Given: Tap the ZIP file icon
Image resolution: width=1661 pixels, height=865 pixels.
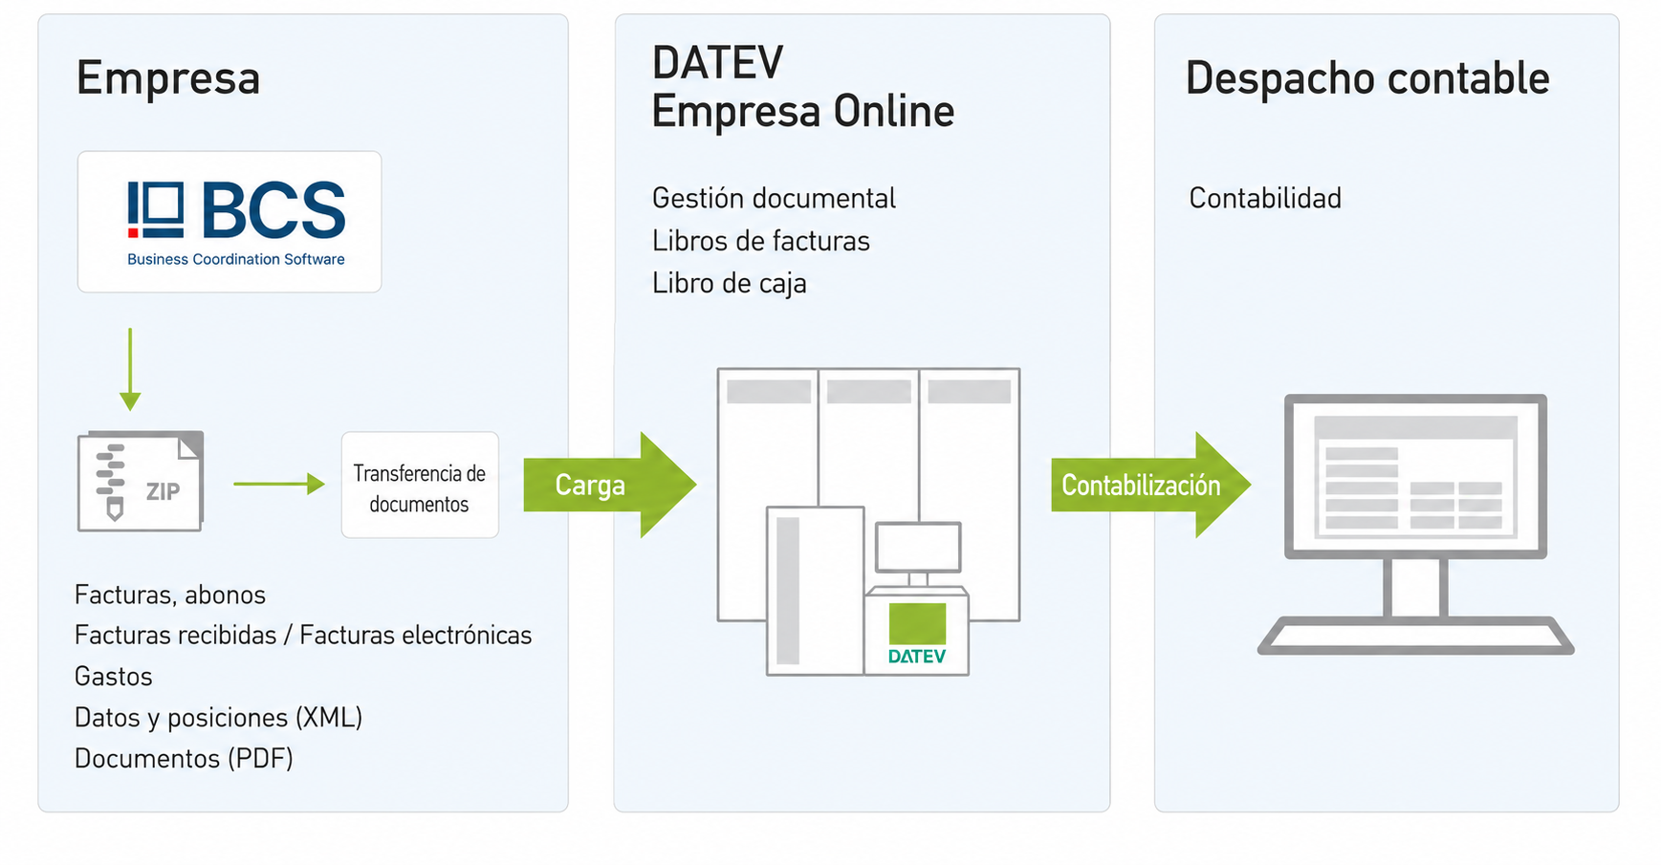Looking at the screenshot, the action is point(141,481).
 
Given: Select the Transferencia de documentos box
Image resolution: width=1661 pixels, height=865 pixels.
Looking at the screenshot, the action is point(420,485).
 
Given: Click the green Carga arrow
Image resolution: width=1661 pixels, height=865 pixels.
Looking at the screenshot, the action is point(610,485).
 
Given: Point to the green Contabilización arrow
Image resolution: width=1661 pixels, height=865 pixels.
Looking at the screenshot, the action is point(1150,485).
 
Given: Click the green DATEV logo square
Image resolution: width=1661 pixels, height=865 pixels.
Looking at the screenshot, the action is point(917,623).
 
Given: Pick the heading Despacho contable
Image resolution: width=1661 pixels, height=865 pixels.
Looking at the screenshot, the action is point(1367,78).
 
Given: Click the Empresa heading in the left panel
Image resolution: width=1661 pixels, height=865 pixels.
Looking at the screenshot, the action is point(168,78).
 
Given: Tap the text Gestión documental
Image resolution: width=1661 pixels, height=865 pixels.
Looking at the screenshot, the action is point(774,198).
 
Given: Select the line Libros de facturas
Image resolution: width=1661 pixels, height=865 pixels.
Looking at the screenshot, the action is point(761,241).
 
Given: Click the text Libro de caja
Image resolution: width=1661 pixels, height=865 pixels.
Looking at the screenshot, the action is point(730,284).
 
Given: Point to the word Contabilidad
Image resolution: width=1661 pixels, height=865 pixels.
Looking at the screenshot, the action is point(1265,198).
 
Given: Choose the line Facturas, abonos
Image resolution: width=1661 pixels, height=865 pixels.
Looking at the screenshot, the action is point(170,595).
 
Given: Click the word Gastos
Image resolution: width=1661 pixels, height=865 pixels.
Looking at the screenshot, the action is point(114,677).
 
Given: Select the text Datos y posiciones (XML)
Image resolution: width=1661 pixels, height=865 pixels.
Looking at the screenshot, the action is point(219,718).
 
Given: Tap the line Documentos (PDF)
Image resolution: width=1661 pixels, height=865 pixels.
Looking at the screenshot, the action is point(184,759).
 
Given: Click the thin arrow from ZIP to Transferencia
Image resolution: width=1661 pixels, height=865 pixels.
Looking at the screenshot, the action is point(279,484).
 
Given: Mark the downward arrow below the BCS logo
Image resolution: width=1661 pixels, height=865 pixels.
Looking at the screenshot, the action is point(130,370).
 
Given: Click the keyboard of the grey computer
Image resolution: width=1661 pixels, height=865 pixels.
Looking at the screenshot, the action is point(1415,636).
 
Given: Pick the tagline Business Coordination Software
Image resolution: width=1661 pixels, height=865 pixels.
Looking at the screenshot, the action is point(236,259).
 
